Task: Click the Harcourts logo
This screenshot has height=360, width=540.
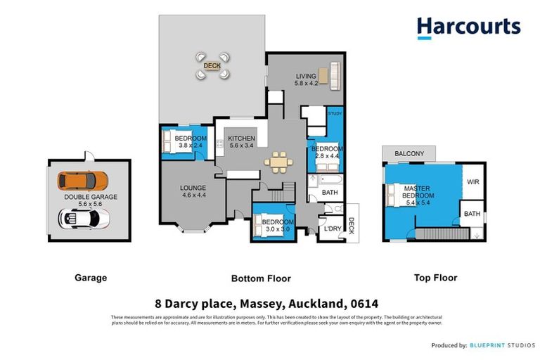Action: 468,27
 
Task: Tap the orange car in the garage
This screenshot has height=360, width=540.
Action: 82,181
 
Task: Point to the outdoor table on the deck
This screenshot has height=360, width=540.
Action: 212,66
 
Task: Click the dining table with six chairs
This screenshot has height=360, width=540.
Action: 279,162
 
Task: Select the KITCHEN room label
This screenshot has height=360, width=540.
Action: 240,139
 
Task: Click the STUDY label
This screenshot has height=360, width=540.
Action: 335,113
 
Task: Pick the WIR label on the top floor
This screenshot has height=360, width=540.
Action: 472,181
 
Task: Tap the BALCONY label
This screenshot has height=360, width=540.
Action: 409,153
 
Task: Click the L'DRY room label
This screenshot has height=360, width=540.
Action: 332,229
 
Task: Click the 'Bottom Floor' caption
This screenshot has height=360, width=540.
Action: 260,278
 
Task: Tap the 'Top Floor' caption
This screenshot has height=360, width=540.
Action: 435,278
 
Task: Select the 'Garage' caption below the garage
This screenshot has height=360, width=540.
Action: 91,278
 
